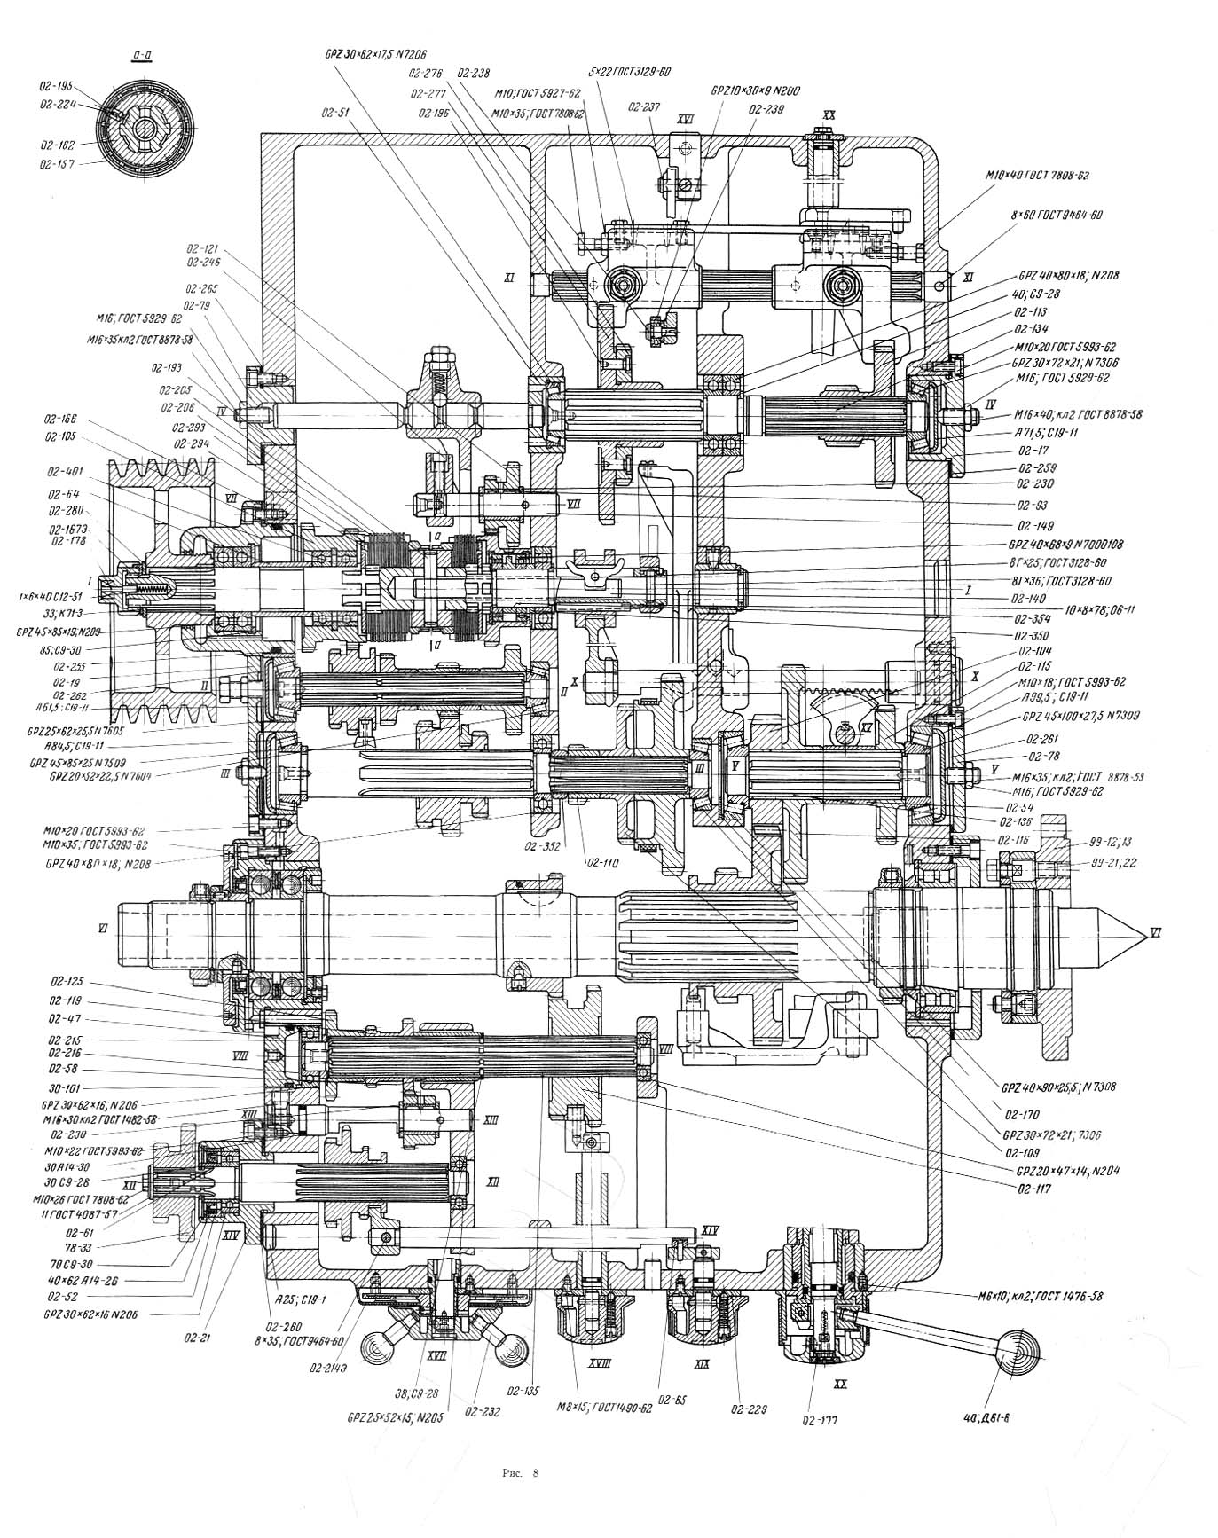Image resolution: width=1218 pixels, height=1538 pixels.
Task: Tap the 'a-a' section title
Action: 142,58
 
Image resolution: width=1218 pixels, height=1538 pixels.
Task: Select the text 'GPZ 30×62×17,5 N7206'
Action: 368,53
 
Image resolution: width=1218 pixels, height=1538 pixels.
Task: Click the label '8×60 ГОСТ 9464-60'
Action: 1052,216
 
